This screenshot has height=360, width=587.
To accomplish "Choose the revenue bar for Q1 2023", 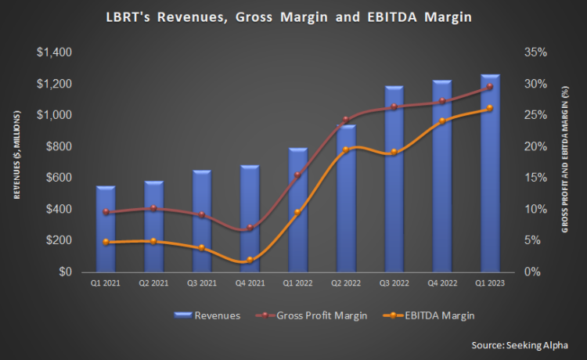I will tap(490, 173).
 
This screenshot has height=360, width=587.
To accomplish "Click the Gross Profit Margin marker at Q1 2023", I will tap(490, 87).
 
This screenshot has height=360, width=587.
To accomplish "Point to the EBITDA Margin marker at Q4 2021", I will tap(250, 260).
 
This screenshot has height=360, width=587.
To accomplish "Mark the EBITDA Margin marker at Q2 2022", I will tap(346, 149).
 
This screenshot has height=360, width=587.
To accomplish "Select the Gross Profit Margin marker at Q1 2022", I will tap(298, 175).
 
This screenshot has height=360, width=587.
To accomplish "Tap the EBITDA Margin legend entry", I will tap(426, 315).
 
